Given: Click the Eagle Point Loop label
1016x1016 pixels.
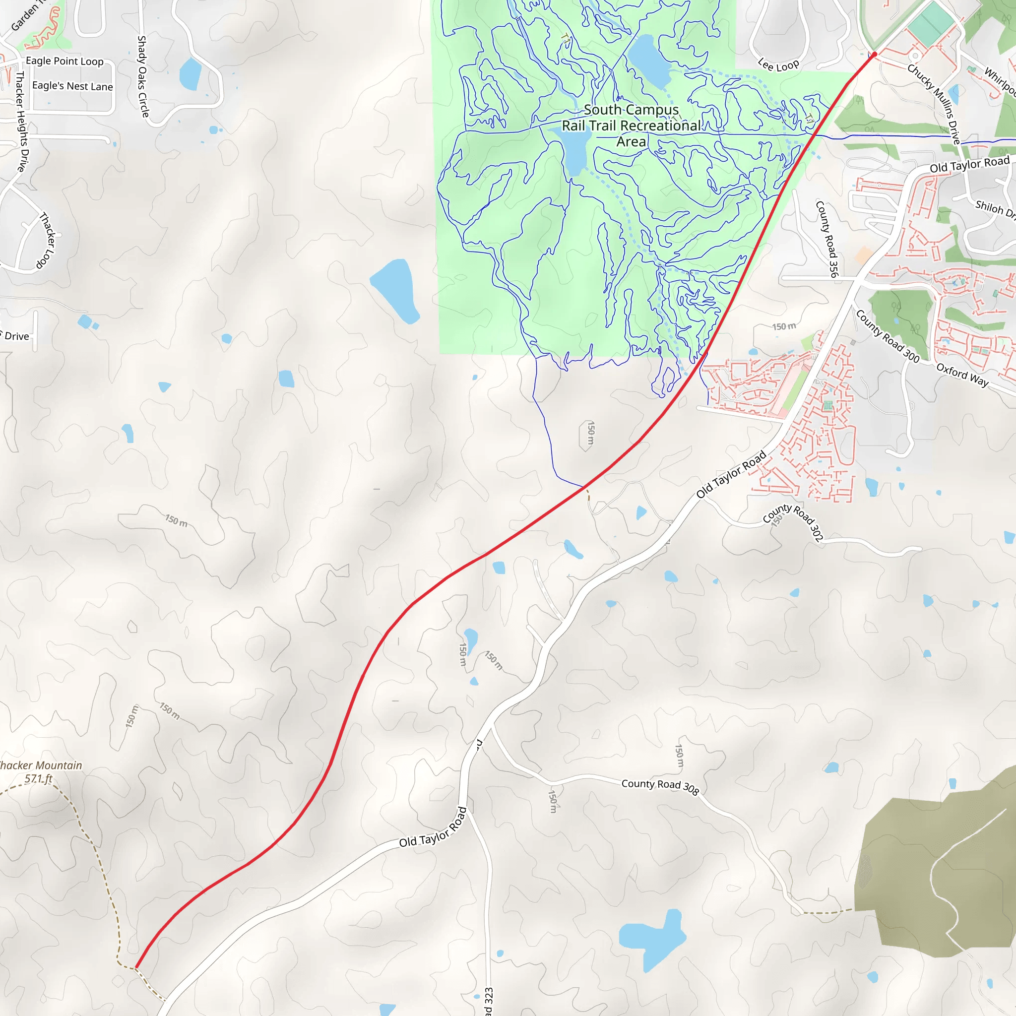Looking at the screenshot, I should [x=64, y=61].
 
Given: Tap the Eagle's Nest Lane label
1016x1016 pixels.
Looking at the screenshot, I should [x=72, y=86].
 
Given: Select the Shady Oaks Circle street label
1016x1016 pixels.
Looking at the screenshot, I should [x=142, y=77].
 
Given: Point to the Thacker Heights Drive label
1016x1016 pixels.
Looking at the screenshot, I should [x=21, y=122].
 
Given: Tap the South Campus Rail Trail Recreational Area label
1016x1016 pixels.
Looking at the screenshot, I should [x=631, y=125].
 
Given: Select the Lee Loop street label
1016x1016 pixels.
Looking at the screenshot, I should [x=778, y=65].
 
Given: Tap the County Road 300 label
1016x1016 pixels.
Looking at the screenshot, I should [x=888, y=336].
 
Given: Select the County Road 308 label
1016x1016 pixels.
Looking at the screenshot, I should [x=660, y=787].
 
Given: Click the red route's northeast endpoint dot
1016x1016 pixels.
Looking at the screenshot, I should [x=875, y=54].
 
